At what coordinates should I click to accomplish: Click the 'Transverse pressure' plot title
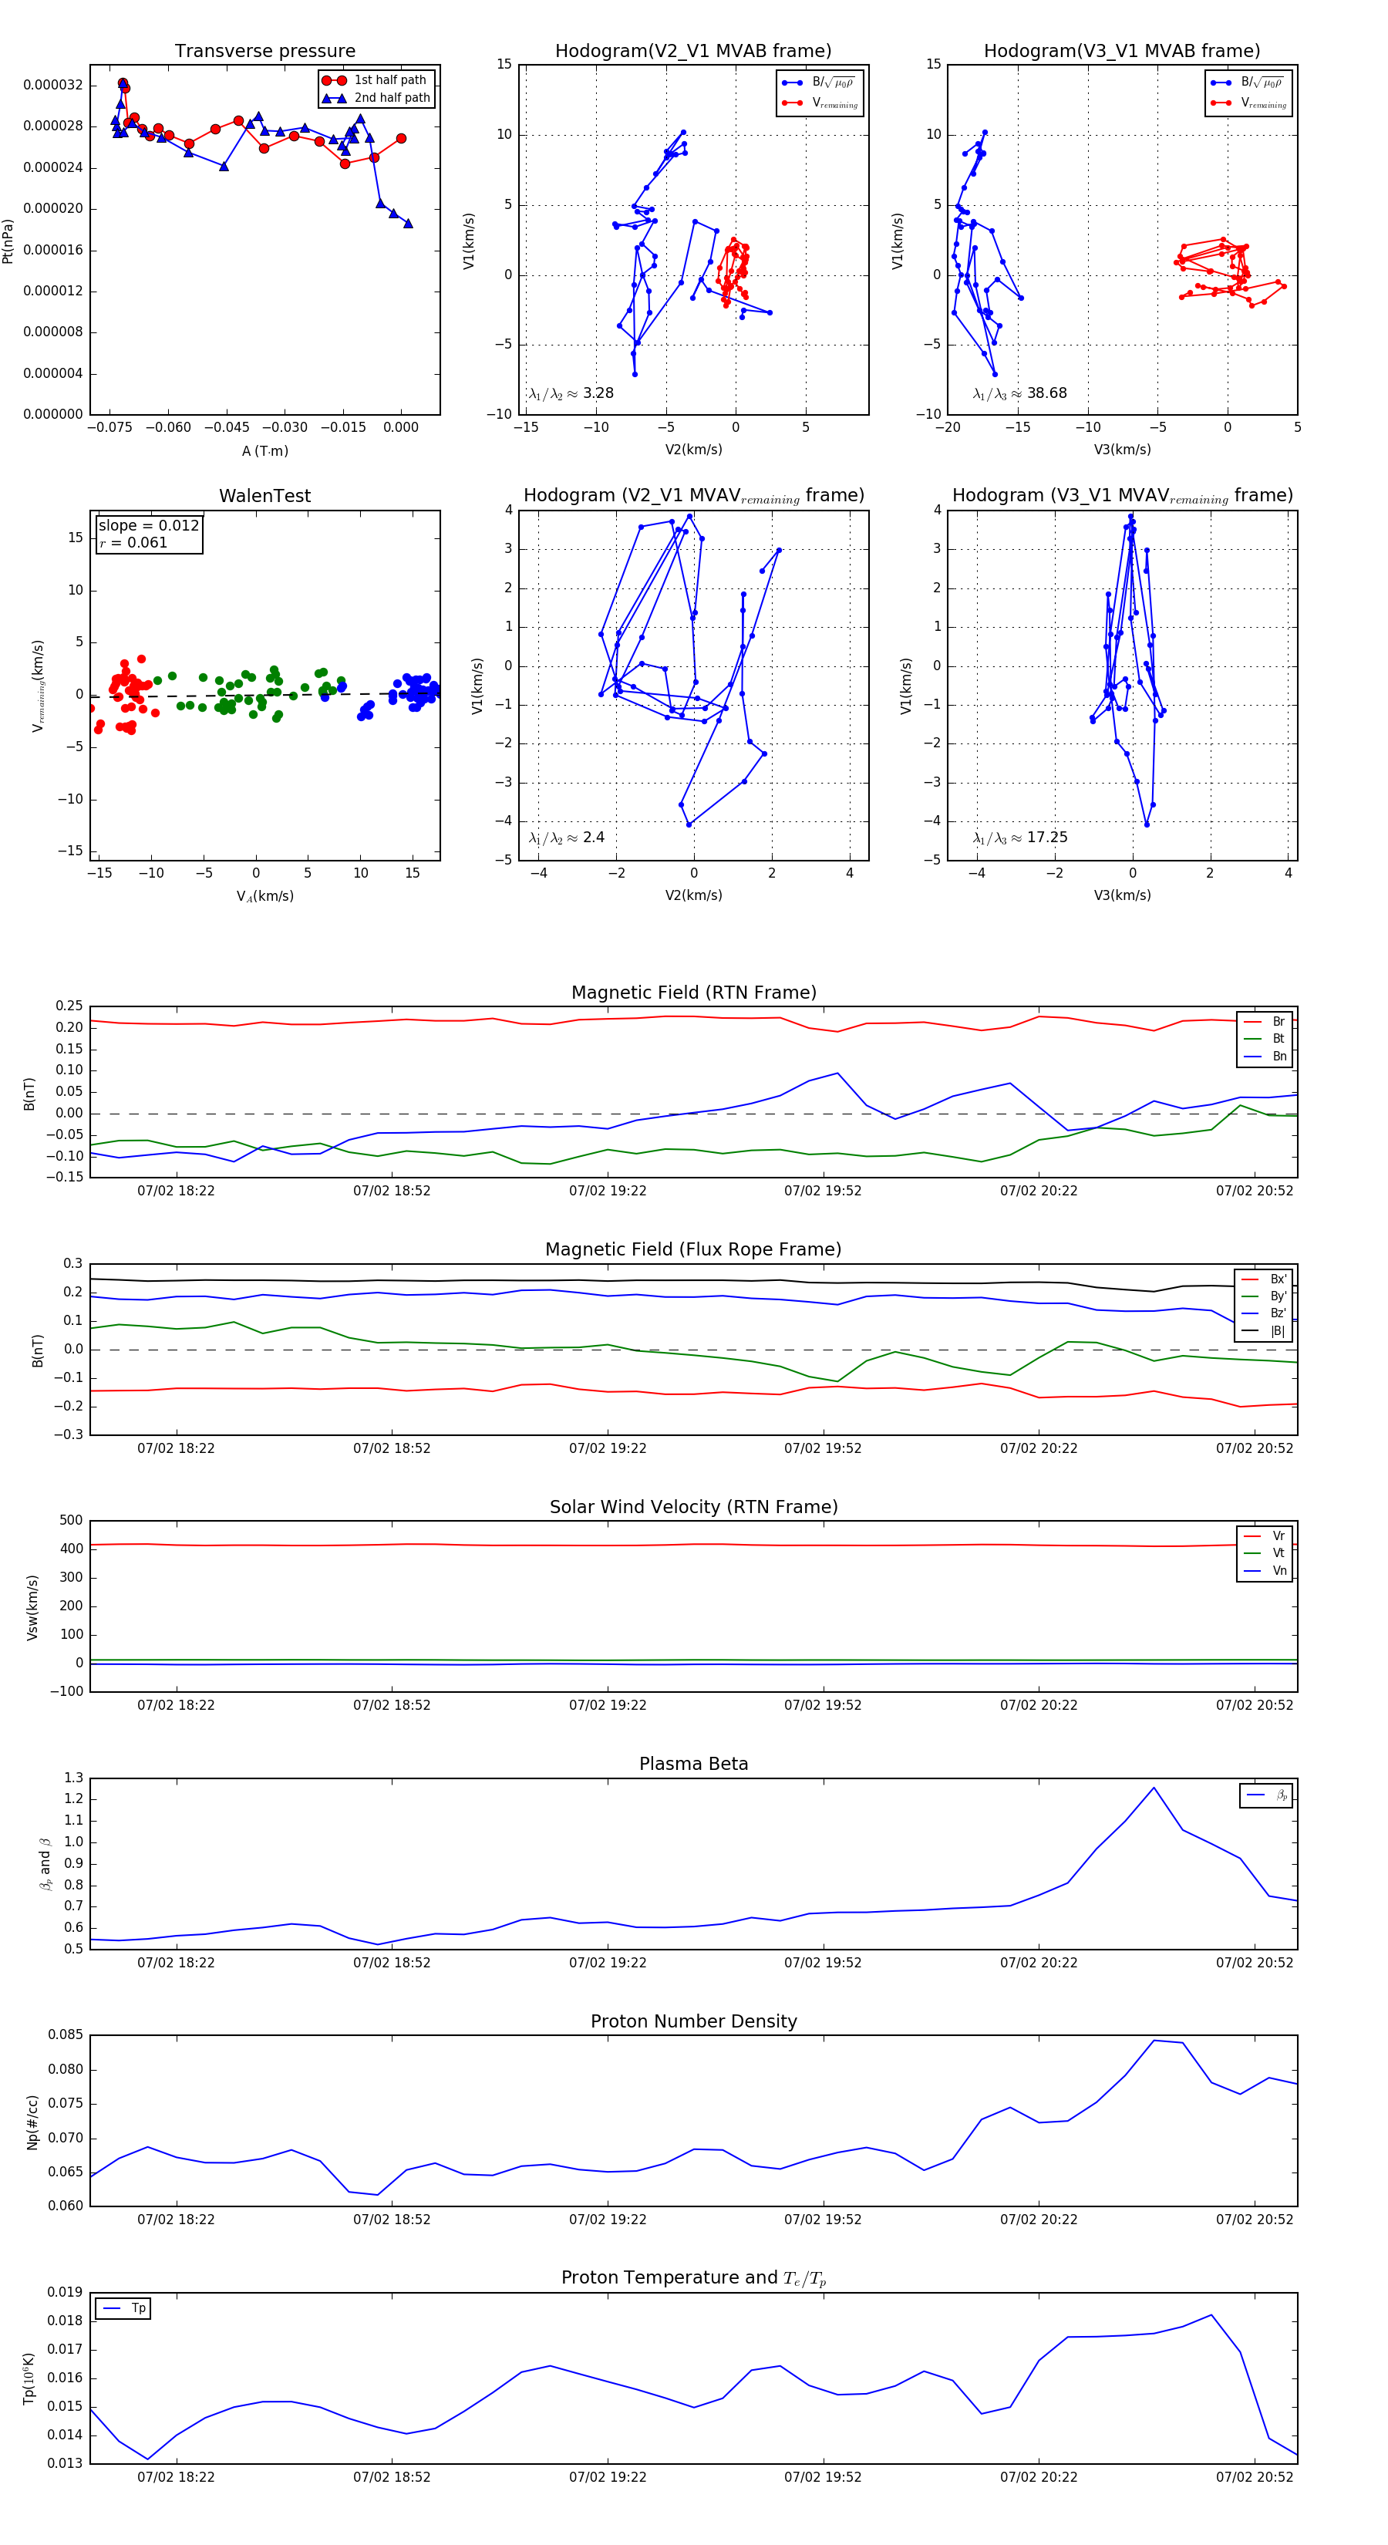[x=264, y=52]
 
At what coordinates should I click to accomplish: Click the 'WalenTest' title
[x=264, y=496]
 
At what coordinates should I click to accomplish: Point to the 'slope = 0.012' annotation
[x=148, y=526]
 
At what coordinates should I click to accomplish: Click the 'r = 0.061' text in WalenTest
[x=133, y=542]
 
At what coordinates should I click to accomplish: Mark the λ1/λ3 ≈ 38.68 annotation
[x=1019, y=393]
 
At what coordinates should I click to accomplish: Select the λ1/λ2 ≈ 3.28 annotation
[x=571, y=393]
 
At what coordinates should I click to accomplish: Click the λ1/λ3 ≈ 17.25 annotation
[x=1019, y=838]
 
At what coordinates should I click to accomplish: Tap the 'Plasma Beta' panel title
[x=693, y=1764]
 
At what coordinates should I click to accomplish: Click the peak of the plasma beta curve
[x=1153, y=1787]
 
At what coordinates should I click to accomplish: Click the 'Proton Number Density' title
[x=693, y=2021]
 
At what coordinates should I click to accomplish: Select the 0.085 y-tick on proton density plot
[x=66, y=2035]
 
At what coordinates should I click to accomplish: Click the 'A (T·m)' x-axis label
[x=264, y=450]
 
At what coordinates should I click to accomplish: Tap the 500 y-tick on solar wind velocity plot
[x=71, y=1521]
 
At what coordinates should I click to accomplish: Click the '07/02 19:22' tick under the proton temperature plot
[x=608, y=2477]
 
